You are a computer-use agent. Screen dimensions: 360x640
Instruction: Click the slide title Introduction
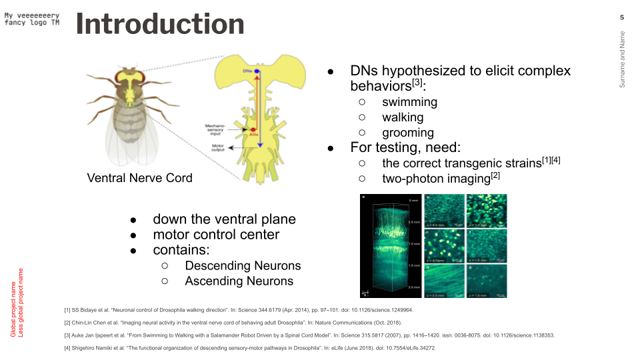click(160, 24)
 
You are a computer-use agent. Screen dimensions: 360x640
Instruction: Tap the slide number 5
click(622, 17)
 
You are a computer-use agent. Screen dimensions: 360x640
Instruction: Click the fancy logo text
click(32, 19)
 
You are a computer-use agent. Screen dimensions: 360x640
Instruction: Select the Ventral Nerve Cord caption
click(139, 177)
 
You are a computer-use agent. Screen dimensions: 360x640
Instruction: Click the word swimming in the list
click(409, 102)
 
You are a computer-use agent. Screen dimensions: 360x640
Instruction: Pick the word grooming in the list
click(407, 133)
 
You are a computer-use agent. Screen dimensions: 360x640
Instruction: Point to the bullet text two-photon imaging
click(436, 179)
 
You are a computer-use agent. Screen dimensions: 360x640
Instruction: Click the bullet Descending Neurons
click(243, 265)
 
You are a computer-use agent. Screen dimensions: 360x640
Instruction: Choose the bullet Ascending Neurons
click(239, 281)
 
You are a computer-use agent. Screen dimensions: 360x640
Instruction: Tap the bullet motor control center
click(216, 235)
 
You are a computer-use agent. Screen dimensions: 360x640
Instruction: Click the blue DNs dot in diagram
click(257, 70)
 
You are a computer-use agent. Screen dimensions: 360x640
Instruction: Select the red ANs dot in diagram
click(253, 130)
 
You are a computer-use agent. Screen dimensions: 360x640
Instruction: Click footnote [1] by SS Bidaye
click(239, 310)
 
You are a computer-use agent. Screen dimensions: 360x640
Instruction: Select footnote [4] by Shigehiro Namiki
click(249, 348)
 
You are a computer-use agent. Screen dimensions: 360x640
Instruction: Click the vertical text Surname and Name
click(622, 60)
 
